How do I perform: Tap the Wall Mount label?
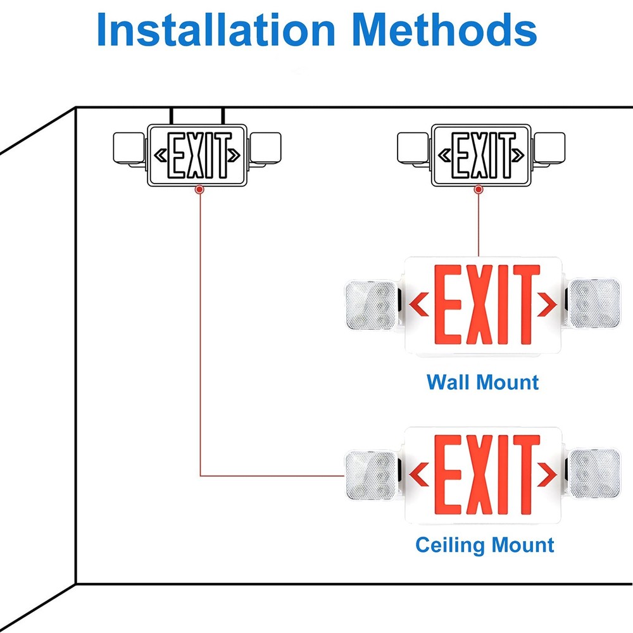tap(482, 382)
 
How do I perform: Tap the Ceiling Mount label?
tap(485, 545)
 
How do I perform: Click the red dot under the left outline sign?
tap(199, 189)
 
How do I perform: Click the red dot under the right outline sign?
tap(478, 189)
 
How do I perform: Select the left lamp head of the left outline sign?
tap(129, 149)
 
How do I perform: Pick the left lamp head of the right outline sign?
tap(413, 149)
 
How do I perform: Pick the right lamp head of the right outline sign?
tap(549, 148)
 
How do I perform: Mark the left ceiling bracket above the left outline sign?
tap(172, 116)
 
